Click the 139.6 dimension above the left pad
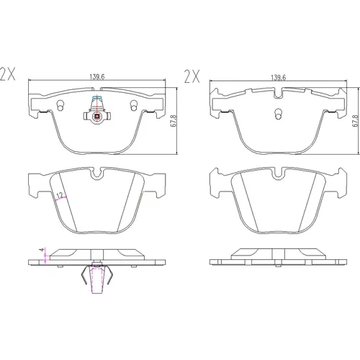[97, 77]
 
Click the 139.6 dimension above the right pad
[279, 78]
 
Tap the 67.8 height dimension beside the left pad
[174, 121]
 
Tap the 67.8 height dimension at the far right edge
[356, 121]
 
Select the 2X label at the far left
[7, 74]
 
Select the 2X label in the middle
[192, 76]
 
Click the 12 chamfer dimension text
[60, 195]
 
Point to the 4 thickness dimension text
[42, 250]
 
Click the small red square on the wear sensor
[97, 117]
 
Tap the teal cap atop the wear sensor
[97, 98]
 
